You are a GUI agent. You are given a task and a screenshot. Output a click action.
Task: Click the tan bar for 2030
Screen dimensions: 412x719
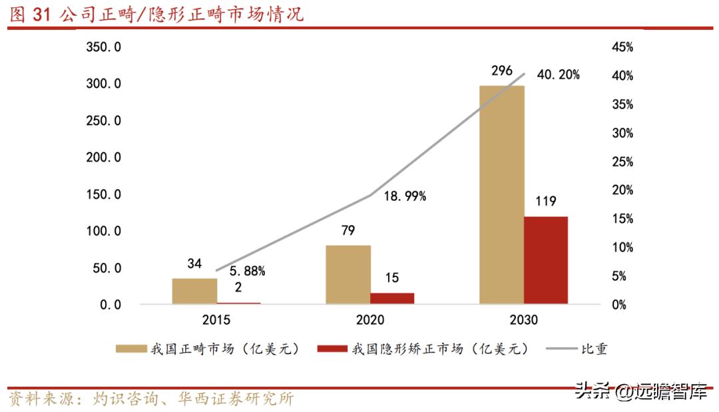[x=501, y=194]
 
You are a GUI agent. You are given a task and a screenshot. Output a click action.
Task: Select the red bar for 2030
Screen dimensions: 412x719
[x=545, y=260]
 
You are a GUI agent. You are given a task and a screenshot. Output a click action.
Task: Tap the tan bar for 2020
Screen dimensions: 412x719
[x=348, y=274]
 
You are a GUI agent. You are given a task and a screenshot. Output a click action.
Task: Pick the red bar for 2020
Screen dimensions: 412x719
[x=392, y=298]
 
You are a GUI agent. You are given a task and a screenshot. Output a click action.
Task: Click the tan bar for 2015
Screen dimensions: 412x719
[x=194, y=291]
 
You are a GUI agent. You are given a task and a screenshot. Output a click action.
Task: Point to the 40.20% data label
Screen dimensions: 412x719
[x=558, y=75]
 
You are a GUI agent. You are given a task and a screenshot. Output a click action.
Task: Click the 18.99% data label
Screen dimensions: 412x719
[x=404, y=196]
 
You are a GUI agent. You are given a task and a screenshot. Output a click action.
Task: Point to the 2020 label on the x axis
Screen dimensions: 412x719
[x=370, y=320]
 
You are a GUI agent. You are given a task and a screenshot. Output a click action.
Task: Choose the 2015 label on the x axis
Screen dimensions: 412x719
[x=216, y=320]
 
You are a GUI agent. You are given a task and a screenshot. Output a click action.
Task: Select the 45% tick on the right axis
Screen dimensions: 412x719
[x=622, y=48]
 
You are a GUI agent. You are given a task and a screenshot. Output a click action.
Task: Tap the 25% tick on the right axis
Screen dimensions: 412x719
[x=622, y=162]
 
